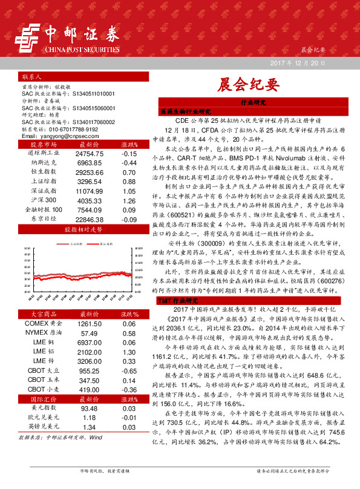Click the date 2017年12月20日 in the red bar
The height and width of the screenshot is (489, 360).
tap(297, 63)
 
